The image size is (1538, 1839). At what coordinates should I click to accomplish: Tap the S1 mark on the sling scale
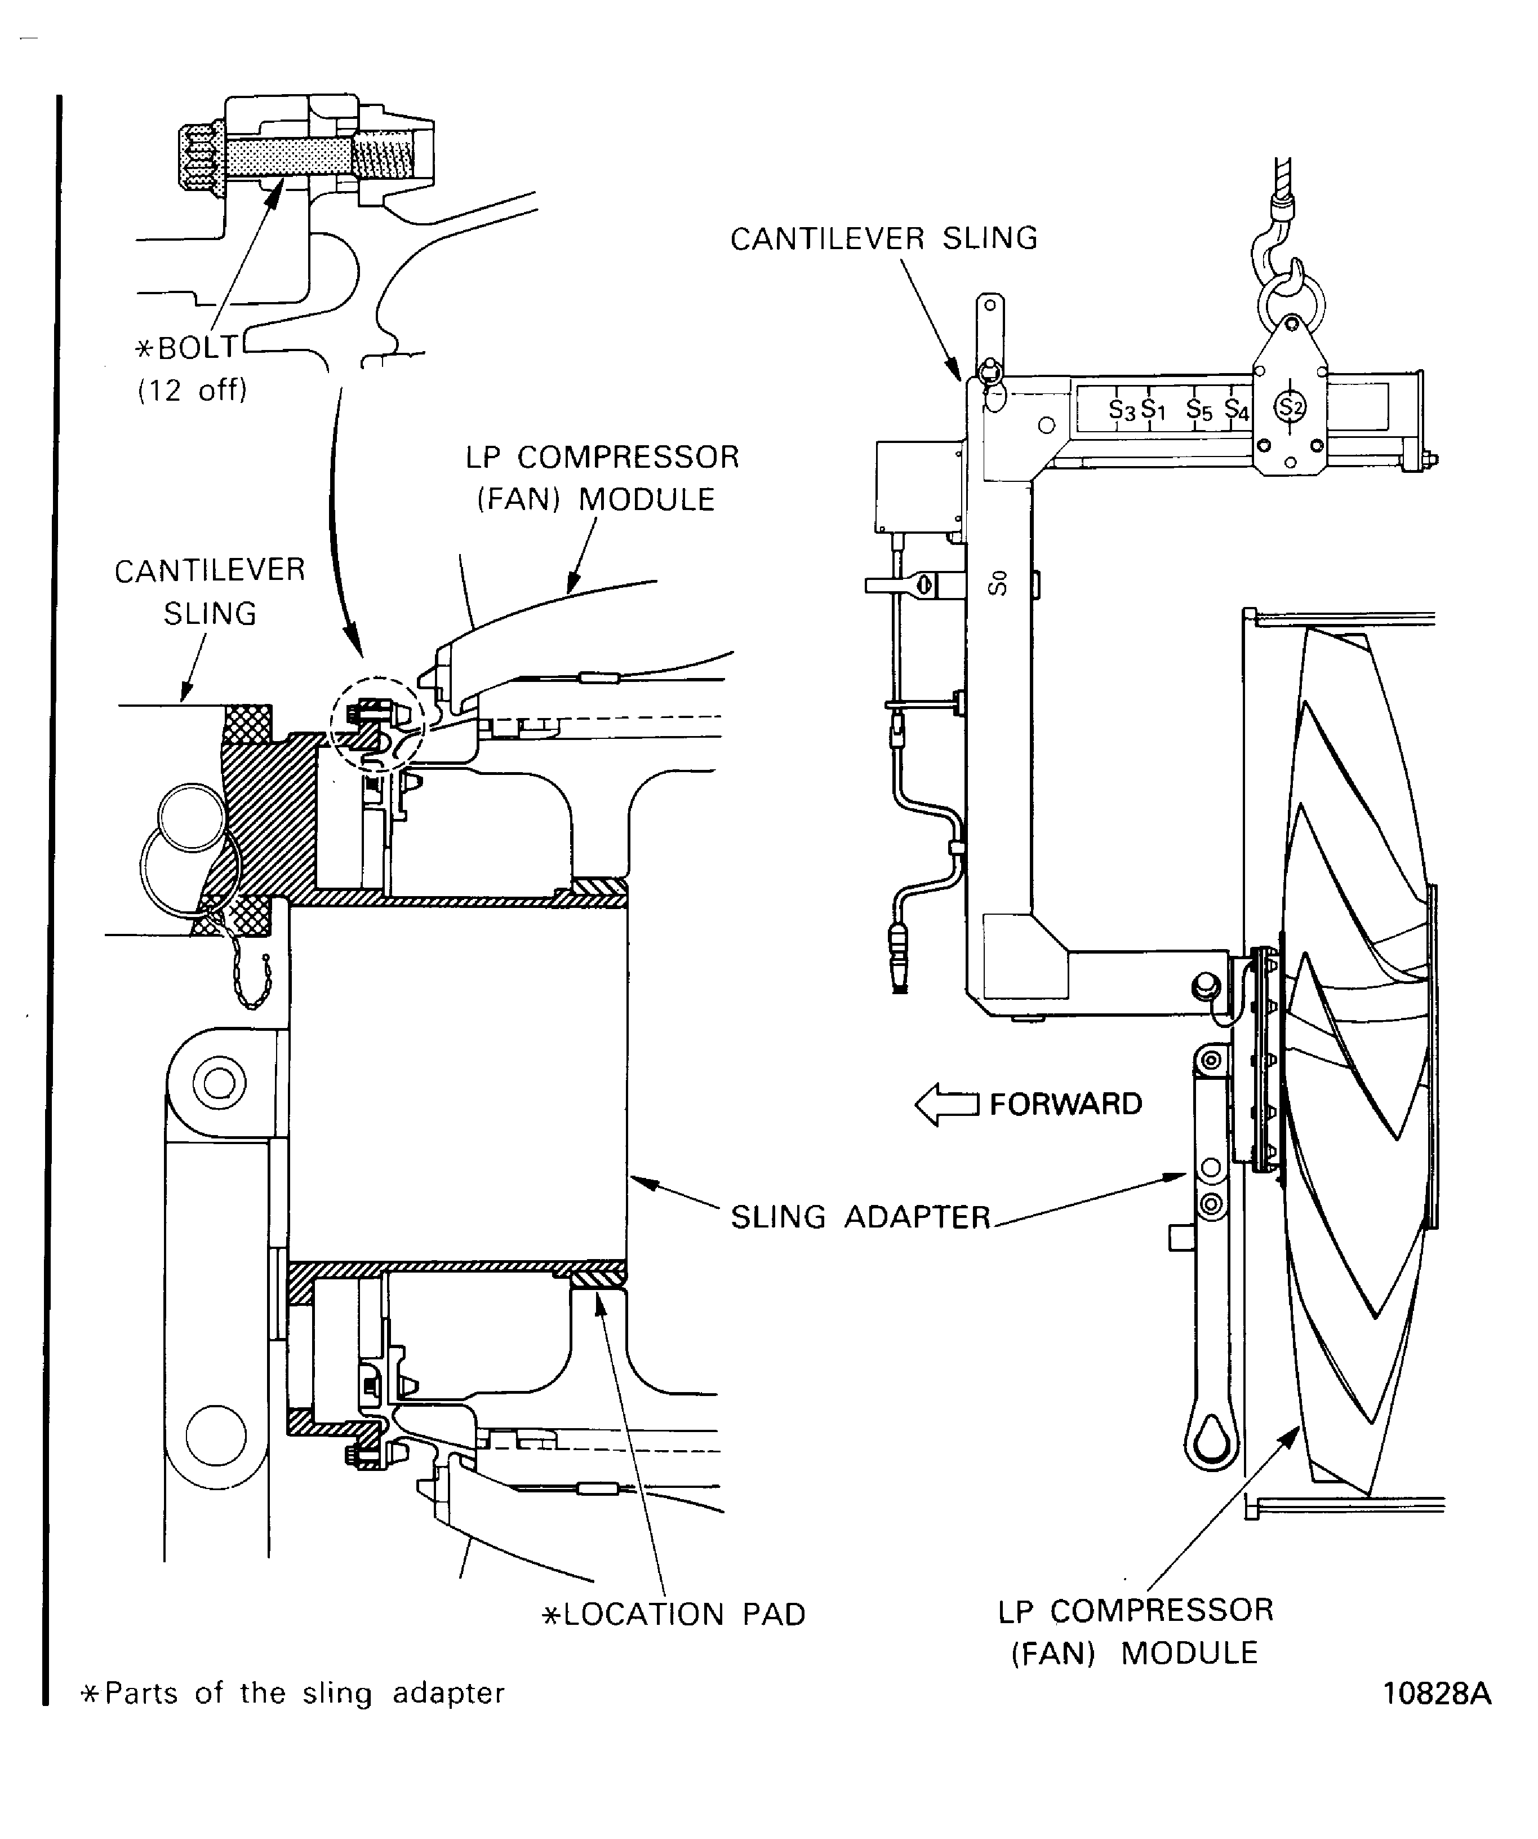(1154, 409)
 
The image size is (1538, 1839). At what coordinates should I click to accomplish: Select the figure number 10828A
(1437, 1693)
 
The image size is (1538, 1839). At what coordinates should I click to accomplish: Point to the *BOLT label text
(186, 348)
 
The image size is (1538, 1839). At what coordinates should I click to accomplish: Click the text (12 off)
(193, 389)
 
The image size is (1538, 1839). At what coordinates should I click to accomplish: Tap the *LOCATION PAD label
(674, 1614)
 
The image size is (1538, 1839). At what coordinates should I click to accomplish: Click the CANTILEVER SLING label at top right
(883, 238)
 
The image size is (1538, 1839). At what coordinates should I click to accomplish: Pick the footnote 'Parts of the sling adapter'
(294, 1693)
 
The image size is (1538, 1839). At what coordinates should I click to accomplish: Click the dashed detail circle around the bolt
(377, 723)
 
